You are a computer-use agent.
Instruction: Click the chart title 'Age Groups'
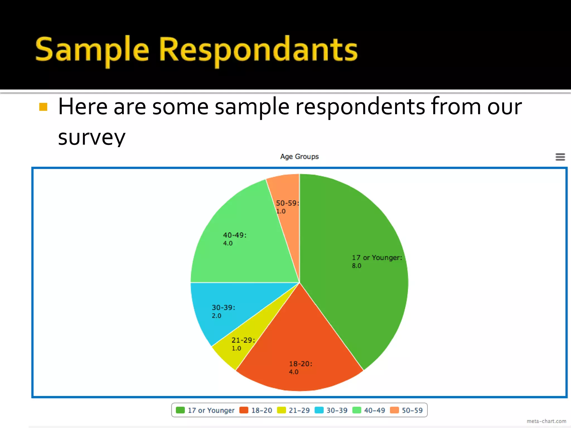pyautogui.click(x=299, y=157)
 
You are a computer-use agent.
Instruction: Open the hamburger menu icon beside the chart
pyautogui.click(x=560, y=157)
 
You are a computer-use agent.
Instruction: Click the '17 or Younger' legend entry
pyautogui.click(x=205, y=410)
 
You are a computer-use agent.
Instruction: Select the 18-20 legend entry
pyautogui.click(x=256, y=410)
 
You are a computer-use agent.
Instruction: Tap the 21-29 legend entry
pyautogui.click(x=293, y=410)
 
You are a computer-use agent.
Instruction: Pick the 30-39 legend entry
pyautogui.click(x=331, y=410)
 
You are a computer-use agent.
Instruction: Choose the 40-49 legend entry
pyautogui.click(x=369, y=410)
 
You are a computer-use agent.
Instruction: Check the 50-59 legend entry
pyautogui.click(x=407, y=410)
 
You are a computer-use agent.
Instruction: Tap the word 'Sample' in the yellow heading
pyautogui.click(x=92, y=50)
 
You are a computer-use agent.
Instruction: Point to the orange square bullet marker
pyautogui.click(x=43, y=107)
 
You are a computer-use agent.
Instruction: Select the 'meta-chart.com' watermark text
pyautogui.click(x=546, y=421)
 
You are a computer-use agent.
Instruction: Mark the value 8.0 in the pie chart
pyautogui.click(x=356, y=266)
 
